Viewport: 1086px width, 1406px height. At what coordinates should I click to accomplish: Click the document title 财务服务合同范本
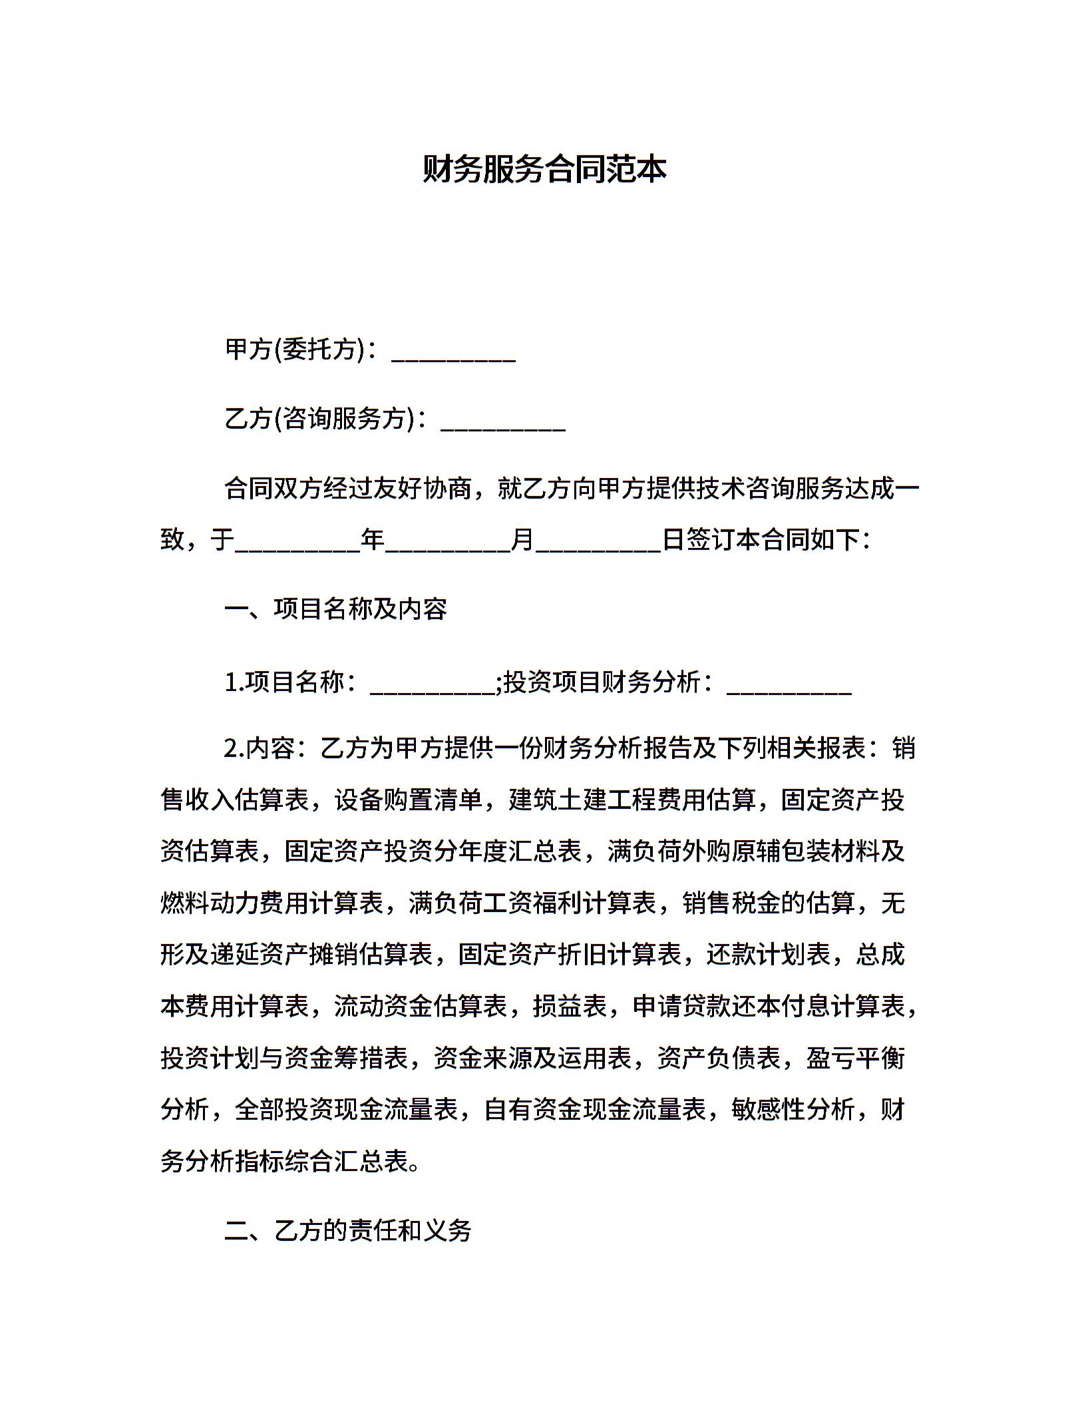[544, 170]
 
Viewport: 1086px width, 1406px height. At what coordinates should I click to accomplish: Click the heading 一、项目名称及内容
[336, 609]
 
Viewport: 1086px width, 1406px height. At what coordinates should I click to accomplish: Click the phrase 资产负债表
[719, 1058]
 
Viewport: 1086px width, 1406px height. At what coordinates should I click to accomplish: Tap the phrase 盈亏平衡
[855, 1058]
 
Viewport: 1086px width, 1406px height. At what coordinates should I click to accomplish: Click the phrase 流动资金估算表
[421, 1007]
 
